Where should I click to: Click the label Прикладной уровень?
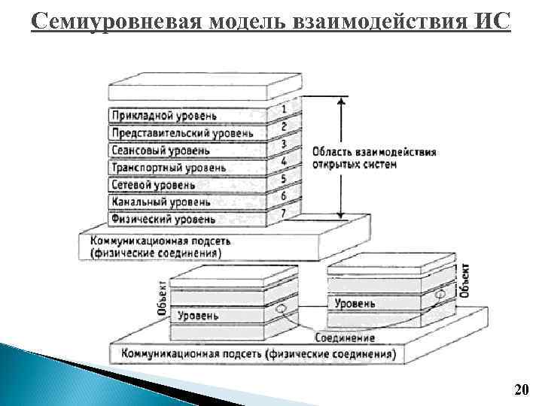(x=163, y=117)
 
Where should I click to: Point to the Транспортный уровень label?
(x=168, y=168)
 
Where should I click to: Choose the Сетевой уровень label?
(x=153, y=185)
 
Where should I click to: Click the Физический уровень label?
(x=163, y=220)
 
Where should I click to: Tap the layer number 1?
(x=283, y=109)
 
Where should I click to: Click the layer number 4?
(x=283, y=162)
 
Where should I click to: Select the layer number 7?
(x=283, y=214)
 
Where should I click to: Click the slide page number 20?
(x=521, y=389)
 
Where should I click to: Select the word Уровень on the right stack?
(x=355, y=303)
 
